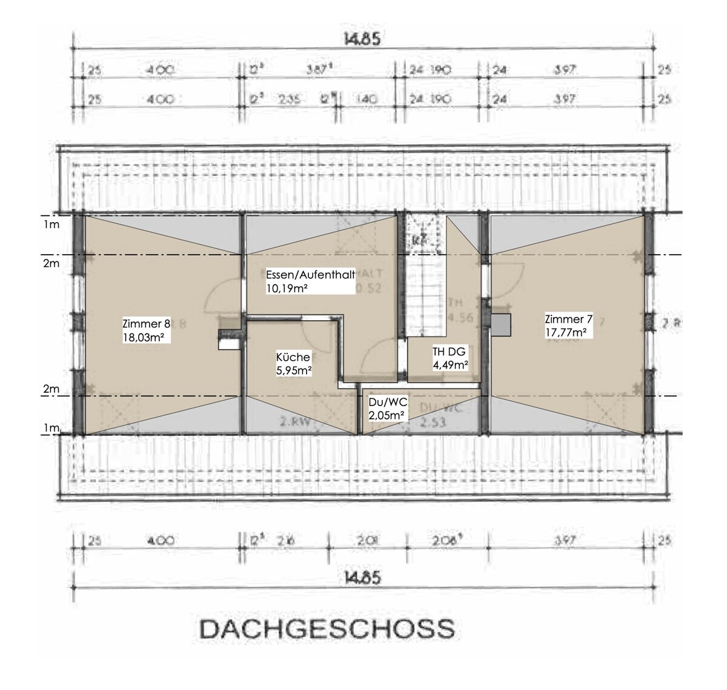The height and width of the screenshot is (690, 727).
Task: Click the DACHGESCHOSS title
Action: pos(327,629)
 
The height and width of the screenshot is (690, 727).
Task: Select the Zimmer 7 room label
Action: pos(569,319)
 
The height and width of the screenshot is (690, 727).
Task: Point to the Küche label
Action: pos(293,357)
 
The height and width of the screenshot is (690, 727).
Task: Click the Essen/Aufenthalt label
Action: pos(310,275)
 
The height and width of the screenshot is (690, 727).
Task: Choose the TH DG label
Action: pos(448,351)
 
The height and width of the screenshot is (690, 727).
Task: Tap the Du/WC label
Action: pos(388,401)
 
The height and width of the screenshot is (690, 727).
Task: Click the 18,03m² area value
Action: pos(144,337)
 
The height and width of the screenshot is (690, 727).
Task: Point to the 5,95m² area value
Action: pos(294,370)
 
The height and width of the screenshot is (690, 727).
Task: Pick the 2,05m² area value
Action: pos(387,415)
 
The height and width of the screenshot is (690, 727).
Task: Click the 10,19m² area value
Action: pos(287,289)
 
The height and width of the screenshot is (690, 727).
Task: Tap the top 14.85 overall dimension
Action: pos(362,41)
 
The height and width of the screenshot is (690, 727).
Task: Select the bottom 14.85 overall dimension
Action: pos(362,578)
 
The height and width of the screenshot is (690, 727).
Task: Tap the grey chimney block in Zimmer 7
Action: pos(501,324)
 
